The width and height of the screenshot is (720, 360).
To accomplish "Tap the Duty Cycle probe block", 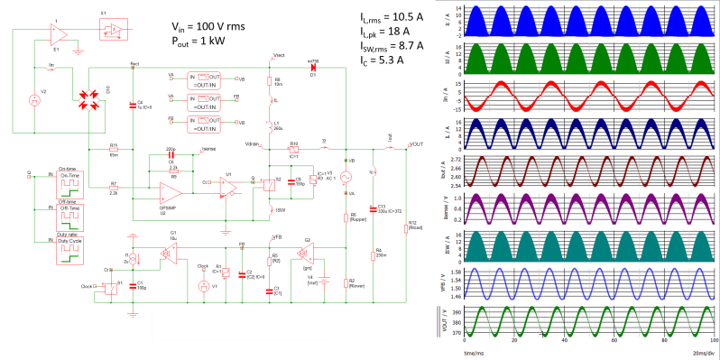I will click(x=69, y=249).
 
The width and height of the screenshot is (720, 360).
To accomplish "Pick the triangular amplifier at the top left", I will click(x=57, y=33).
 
